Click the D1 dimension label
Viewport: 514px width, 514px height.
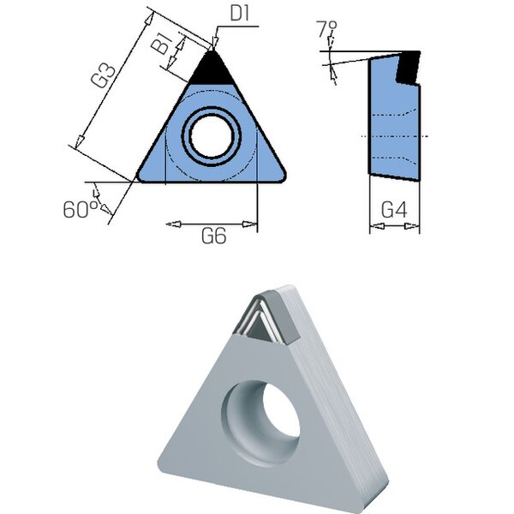pyautogui.click(x=240, y=14)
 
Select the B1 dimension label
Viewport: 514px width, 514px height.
pyautogui.click(x=163, y=44)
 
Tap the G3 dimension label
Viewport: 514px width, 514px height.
pyautogui.click(x=104, y=76)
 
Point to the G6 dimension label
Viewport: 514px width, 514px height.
pyautogui.click(x=213, y=236)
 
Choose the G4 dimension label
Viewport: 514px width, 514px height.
pyautogui.click(x=394, y=210)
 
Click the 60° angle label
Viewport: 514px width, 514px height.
pyautogui.click(x=81, y=210)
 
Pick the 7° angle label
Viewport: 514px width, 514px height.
pyautogui.click(x=327, y=29)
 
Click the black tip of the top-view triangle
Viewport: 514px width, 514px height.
pyautogui.click(x=212, y=69)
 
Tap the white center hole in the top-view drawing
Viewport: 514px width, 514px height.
pyautogui.click(x=212, y=136)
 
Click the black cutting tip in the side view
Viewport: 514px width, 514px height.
pyautogui.click(x=408, y=67)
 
